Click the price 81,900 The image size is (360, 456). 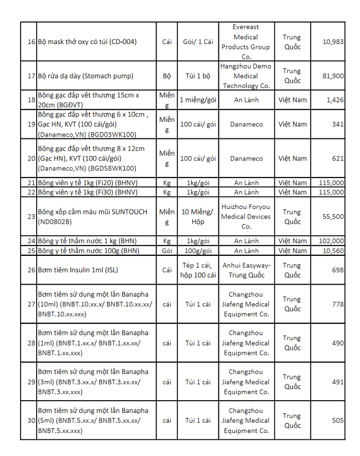[x=333, y=76]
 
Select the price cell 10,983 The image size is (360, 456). [x=333, y=42]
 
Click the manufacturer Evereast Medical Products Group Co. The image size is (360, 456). [x=245, y=42]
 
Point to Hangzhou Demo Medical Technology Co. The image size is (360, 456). [x=245, y=76]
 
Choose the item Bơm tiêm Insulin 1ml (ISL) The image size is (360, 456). [x=78, y=270]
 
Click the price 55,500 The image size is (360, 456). [x=333, y=216]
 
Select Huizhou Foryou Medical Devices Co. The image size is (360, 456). [x=245, y=216]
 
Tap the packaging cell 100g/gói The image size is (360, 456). [x=198, y=251]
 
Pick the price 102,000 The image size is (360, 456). [x=331, y=241]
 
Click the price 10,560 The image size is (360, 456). [x=333, y=251]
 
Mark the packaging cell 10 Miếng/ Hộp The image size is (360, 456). [x=198, y=216]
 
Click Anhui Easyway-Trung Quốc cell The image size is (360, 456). [x=245, y=270]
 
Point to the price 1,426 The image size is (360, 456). [x=335, y=100]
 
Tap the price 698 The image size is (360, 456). [x=337, y=270]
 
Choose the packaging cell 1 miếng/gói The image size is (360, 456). [x=198, y=100]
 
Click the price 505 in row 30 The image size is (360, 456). [x=337, y=420]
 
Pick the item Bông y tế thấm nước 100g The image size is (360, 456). [x=89, y=251]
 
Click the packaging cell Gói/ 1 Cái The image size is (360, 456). [x=198, y=42]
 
